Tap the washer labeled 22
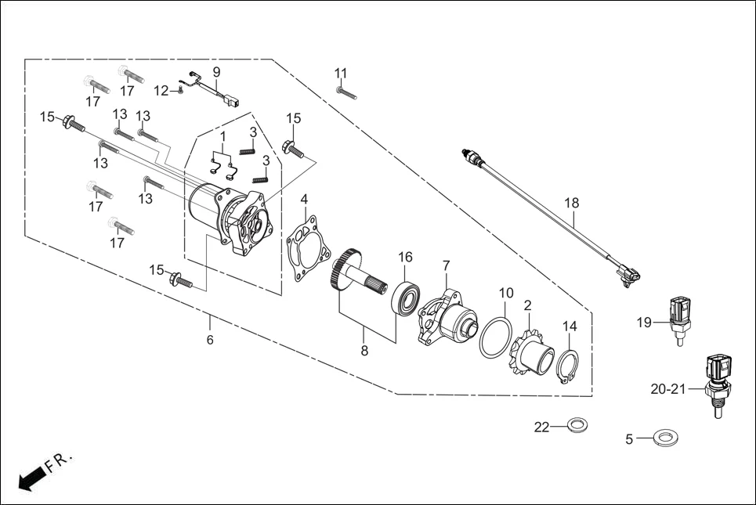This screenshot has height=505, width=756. point(577,425)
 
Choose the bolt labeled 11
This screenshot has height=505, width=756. point(346,93)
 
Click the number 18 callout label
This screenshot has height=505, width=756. point(572,203)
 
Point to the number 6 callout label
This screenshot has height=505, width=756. point(210,340)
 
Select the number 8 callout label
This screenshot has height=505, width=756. point(364,352)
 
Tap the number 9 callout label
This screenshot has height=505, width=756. point(216,71)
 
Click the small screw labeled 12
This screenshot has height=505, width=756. point(179,92)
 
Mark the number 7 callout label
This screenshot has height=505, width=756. point(446,266)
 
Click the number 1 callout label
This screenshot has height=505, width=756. point(222,136)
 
